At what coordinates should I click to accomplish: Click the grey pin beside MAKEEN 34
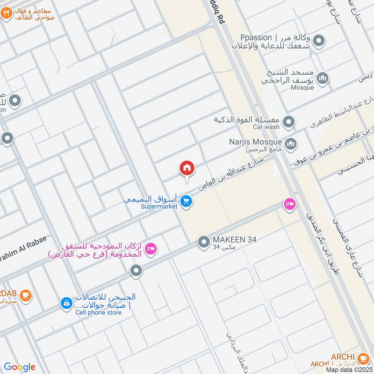(203, 242)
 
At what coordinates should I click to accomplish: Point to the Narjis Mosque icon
(290, 143)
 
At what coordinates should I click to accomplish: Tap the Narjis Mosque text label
(255, 141)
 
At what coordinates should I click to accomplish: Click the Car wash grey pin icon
(289, 122)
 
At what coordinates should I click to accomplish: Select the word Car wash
(266, 127)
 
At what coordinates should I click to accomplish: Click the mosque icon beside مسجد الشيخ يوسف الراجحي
(322, 79)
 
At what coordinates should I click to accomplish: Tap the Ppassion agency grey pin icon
(319, 42)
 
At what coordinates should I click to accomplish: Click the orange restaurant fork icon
(6, 14)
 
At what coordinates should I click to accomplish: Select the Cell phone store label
(98, 312)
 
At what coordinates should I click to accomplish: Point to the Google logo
(20, 367)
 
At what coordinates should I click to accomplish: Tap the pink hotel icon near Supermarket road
(289, 204)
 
